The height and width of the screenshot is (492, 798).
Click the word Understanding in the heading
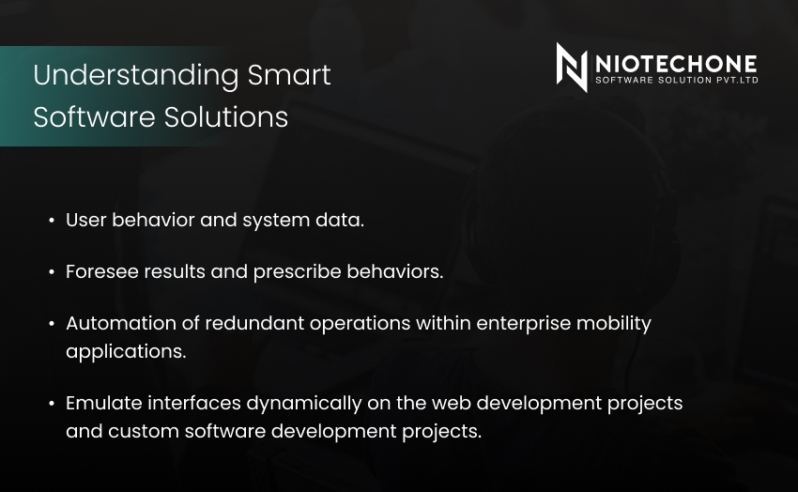pos(136,76)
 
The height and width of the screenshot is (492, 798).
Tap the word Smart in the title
pos(289,75)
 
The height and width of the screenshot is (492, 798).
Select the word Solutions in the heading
pos(226,117)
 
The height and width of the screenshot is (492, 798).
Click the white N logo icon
pos(572,68)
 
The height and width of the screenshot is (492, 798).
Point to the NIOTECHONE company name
pos(676,64)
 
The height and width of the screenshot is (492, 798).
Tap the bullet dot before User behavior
pos(52,221)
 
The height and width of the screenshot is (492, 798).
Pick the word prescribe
pos(298,272)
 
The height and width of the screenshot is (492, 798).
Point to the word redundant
pos(254,323)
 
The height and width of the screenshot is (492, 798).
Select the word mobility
pos(613,324)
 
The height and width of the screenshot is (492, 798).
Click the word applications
pos(126,352)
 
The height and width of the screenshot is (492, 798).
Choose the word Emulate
pos(104,403)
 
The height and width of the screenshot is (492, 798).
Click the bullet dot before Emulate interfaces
pos(52,404)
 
